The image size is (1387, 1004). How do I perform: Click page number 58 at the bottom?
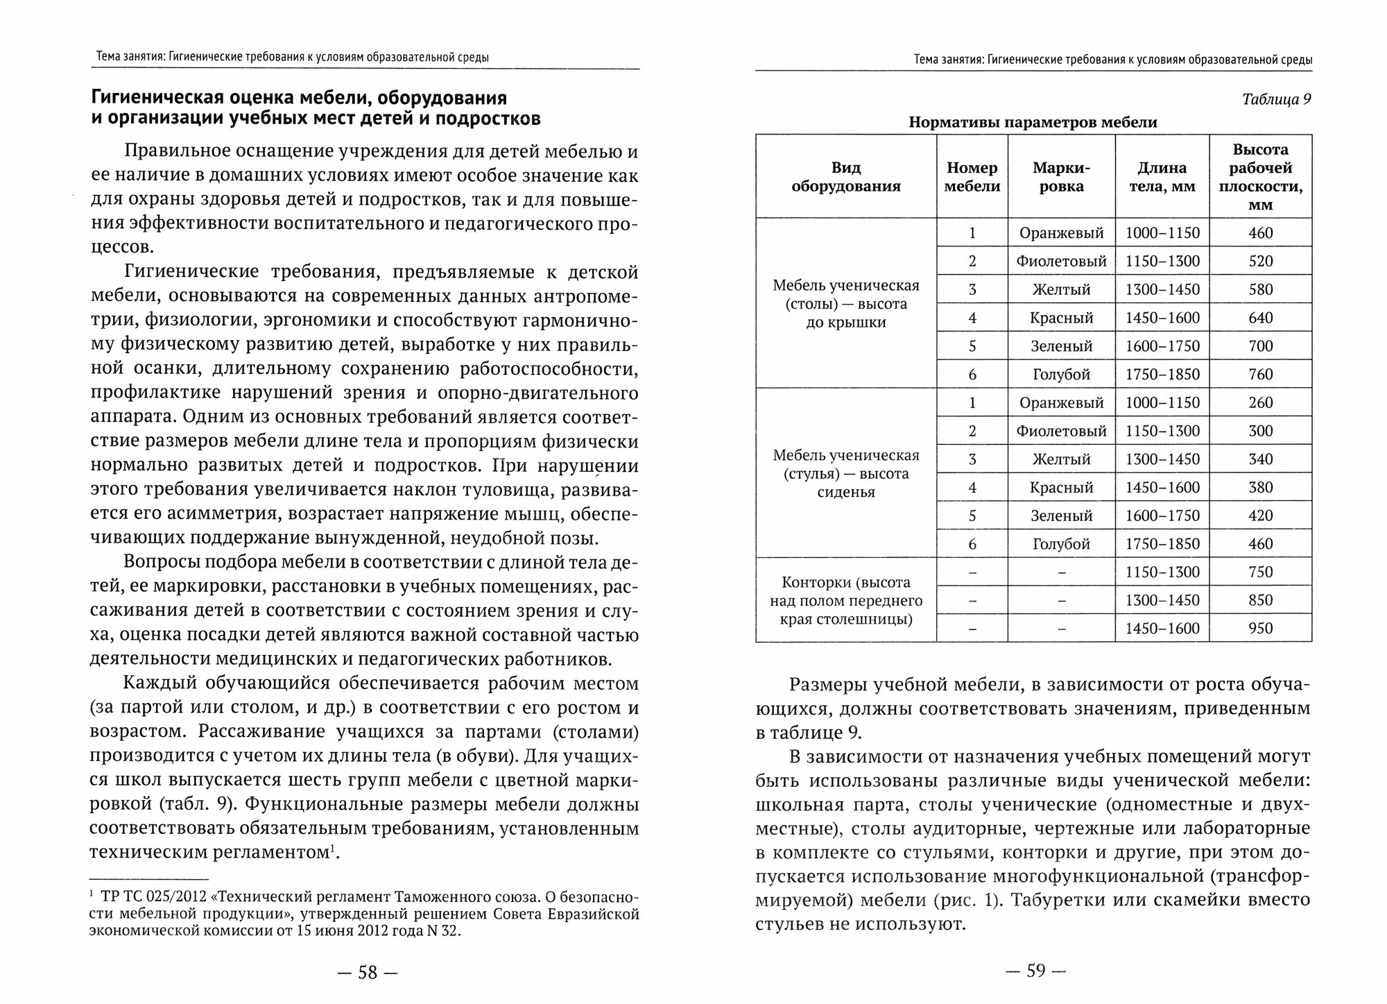pyautogui.click(x=367, y=973)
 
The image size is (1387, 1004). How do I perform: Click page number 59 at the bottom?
pyautogui.click(x=1035, y=971)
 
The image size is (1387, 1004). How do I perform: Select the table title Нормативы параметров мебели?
pyautogui.click(x=1033, y=123)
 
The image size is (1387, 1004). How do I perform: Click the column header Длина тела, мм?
pyautogui.click(x=1162, y=177)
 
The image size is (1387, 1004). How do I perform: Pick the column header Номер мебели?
pyautogui.click(x=972, y=177)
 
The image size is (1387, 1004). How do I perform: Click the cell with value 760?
pyautogui.click(x=1260, y=375)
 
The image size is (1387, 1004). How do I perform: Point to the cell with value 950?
pyautogui.click(x=1260, y=629)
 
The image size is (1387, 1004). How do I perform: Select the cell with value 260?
pyautogui.click(x=1260, y=403)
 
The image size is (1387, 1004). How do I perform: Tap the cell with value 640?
pyautogui.click(x=1260, y=318)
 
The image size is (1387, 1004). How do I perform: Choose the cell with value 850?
pyautogui.click(x=1260, y=600)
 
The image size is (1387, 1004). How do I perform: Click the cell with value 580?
pyautogui.click(x=1260, y=290)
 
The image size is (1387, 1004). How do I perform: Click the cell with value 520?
pyautogui.click(x=1260, y=262)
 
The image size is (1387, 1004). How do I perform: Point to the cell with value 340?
pyautogui.click(x=1260, y=459)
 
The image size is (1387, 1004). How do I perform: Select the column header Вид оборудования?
pyautogui.click(x=845, y=177)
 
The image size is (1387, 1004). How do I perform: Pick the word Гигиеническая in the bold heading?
pyautogui.click(x=169, y=97)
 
